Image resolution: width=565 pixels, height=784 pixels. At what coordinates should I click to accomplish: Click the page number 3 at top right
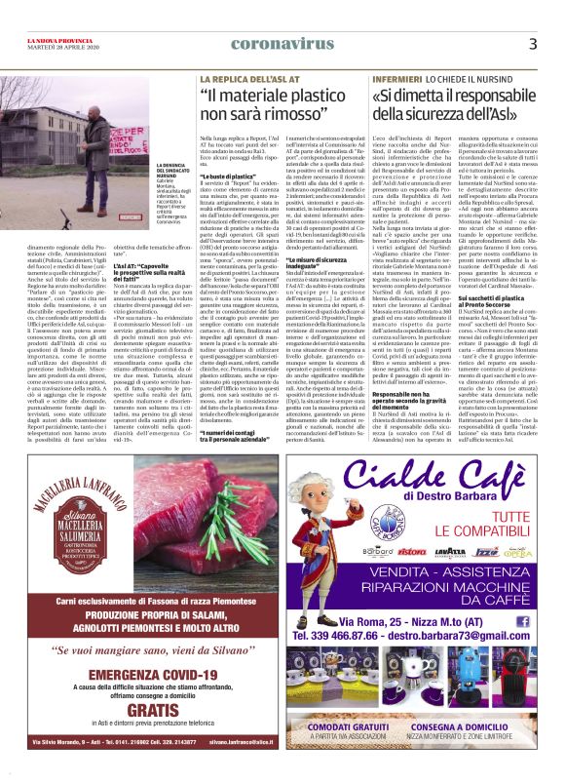pyautogui.click(x=534, y=44)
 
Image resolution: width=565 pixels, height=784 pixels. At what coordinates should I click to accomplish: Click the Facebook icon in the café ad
pyautogui.click(x=537, y=647)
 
